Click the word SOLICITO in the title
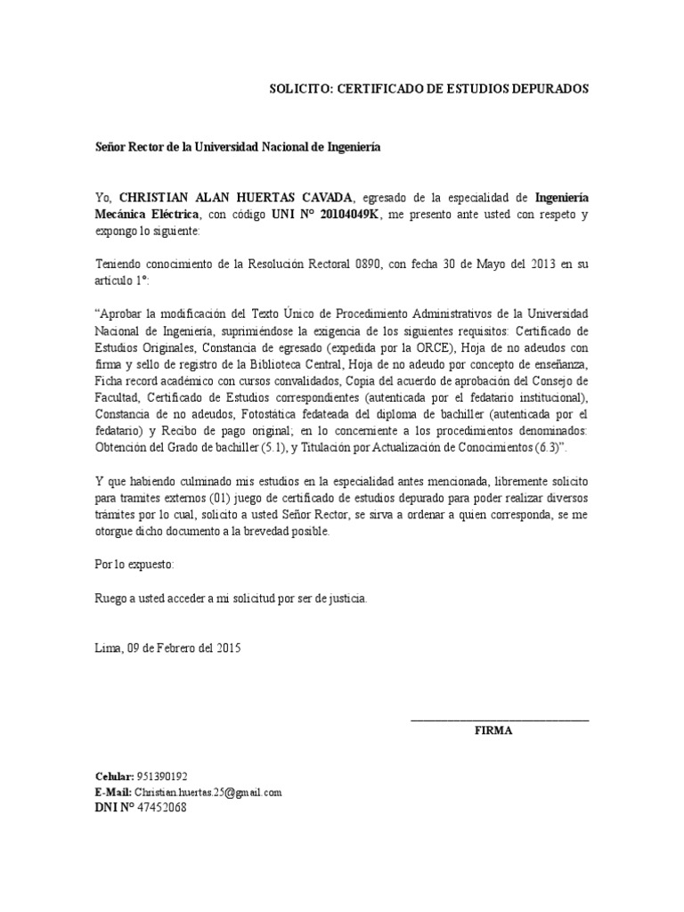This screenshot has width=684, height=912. (x=299, y=90)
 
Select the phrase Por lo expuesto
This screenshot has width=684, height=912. (x=134, y=565)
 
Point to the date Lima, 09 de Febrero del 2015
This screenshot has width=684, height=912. (x=167, y=648)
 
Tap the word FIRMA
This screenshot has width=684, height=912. (x=493, y=731)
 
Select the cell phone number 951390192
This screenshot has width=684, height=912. (x=163, y=776)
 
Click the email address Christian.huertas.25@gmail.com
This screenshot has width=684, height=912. (x=208, y=791)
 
